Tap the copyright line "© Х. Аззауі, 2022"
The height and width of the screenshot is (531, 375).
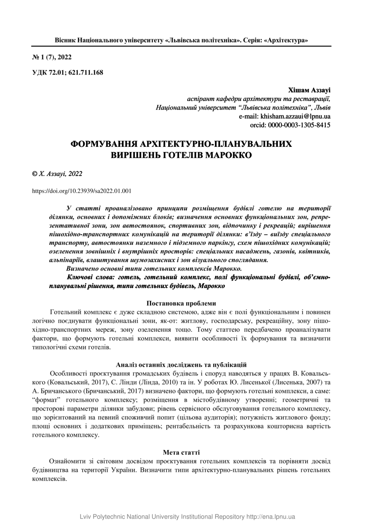pyautogui.click(x=57, y=174)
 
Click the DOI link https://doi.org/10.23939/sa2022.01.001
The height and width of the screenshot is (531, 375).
pyautogui.click(x=82, y=191)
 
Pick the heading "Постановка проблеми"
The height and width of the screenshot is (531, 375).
pyautogui.click(x=181, y=303)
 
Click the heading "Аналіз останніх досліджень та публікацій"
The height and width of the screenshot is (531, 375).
pyautogui.click(x=181, y=364)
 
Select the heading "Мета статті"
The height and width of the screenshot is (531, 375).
pyautogui.click(x=181, y=452)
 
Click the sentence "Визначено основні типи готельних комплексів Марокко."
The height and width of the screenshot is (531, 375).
pyautogui.click(x=154, y=268)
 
